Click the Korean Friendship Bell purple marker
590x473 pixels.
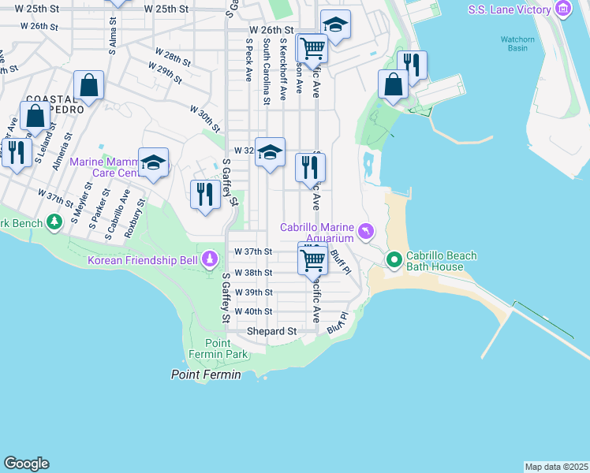click(x=210, y=259)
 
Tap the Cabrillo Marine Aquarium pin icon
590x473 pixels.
click(x=365, y=231)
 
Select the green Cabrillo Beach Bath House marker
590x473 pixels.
click(x=394, y=259)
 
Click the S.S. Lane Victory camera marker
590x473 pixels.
click(x=562, y=9)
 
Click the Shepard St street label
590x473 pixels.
click(x=271, y=332)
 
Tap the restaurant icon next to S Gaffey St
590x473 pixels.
click(x=205, y=193)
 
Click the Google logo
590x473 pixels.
click(x=26, y=464)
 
